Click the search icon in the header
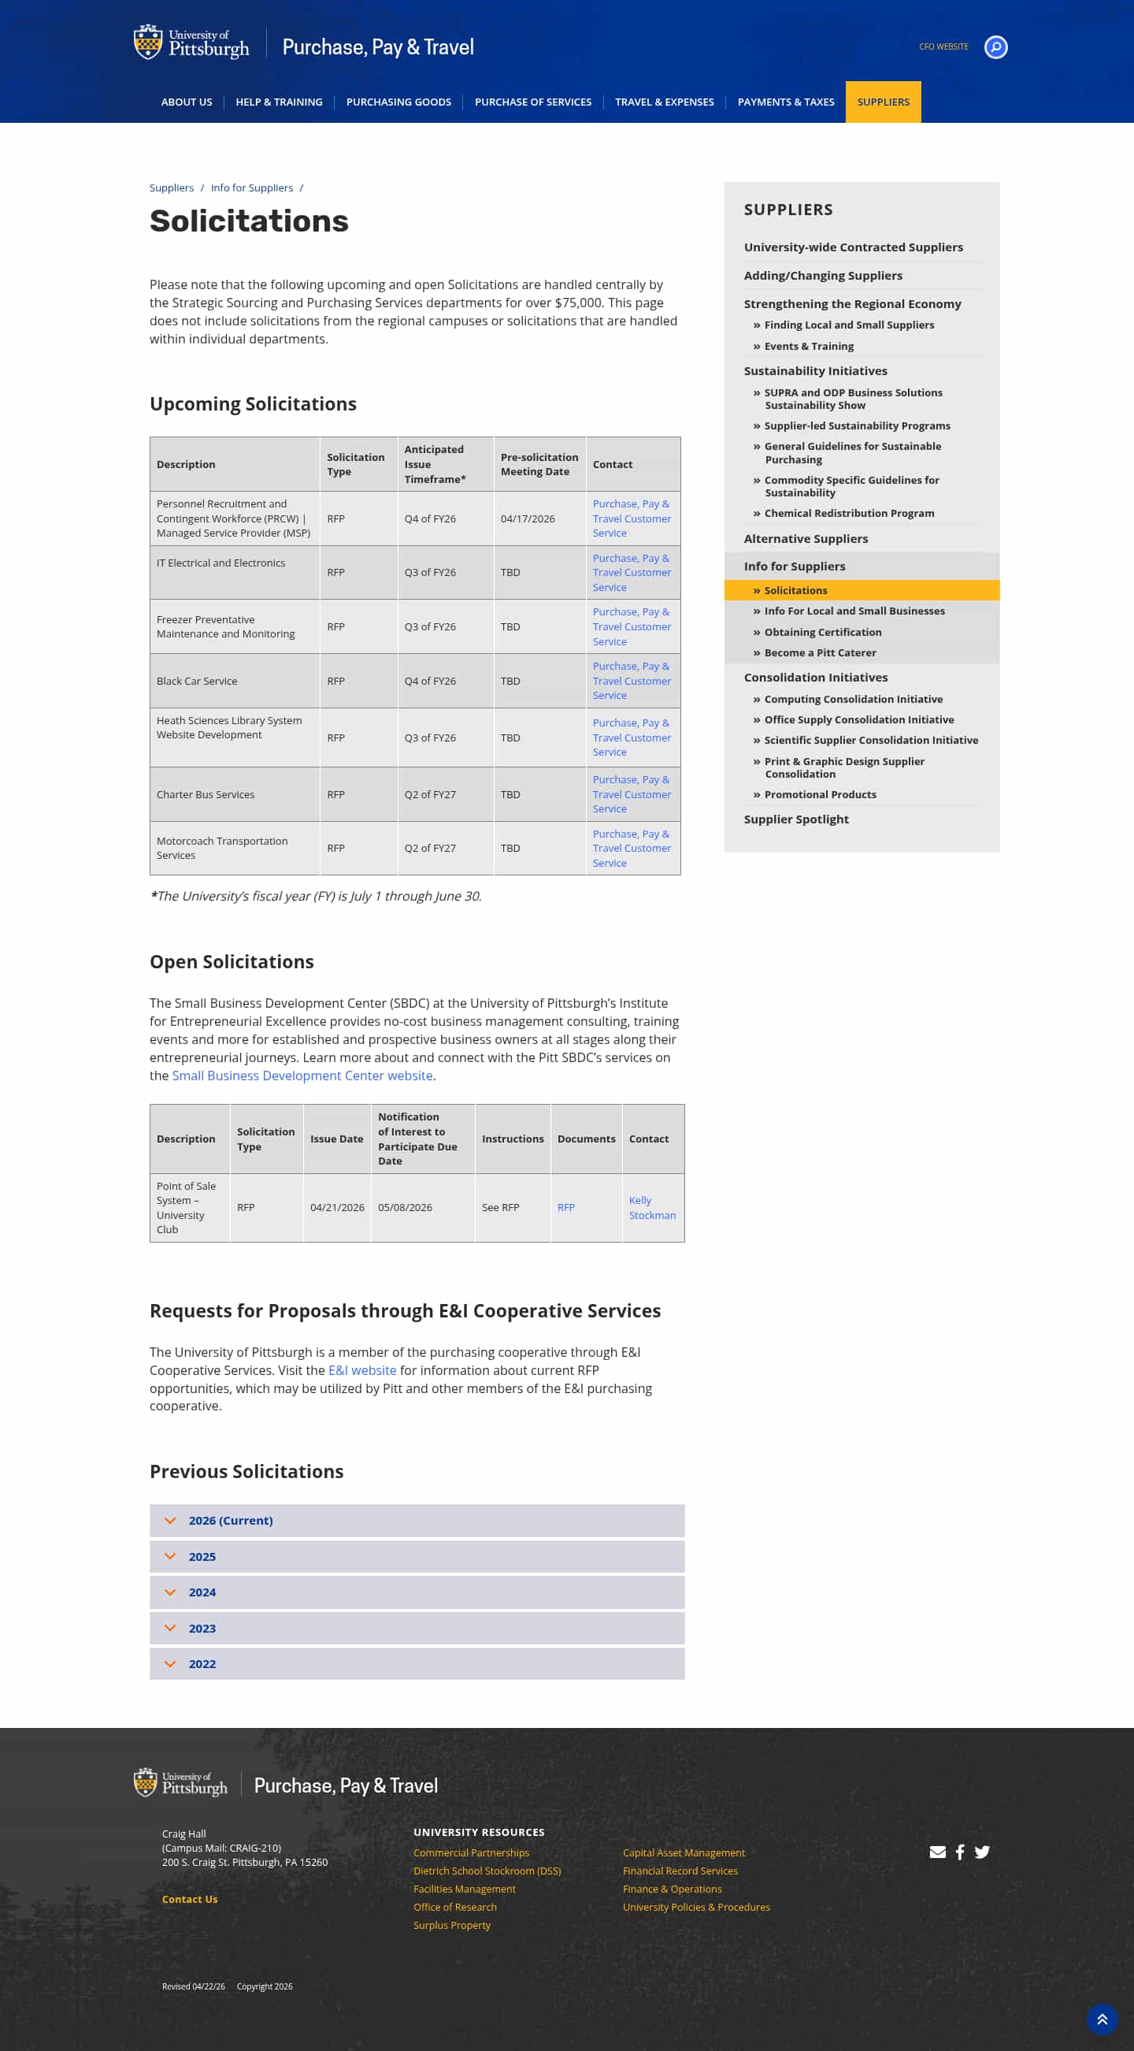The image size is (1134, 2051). point(995,47)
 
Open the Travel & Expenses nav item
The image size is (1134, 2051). point(664,102)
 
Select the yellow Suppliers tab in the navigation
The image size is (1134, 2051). point(883,102)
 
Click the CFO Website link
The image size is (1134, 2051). point(943,47)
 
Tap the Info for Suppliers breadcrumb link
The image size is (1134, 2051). point(251,188)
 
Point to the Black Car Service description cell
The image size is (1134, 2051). point(197,681)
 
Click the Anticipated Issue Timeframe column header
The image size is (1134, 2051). point(435,464)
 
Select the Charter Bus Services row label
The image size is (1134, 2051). point(206,794)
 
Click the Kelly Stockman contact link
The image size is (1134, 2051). point(651,1208)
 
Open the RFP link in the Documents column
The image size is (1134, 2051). point(565,1208)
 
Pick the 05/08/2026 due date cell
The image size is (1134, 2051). point(405,1208)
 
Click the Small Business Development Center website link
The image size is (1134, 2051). point(302,1076)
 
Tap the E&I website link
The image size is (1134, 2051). point(362,1370)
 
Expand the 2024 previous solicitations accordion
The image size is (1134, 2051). point(202,1592)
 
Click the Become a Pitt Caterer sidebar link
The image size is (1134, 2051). point(820,653)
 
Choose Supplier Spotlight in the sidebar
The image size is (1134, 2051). point(796,819)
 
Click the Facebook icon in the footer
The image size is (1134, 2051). point(960,1852)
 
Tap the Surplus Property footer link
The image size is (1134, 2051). point(451,1925)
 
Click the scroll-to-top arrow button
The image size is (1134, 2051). point(1102,2019)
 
